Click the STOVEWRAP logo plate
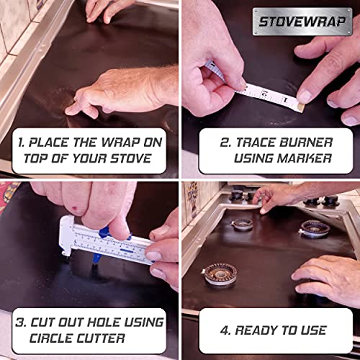click(x=302, y=21)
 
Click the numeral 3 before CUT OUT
click(x=19, y=321)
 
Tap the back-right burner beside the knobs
click(x=314, y=229)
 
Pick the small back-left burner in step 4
click(x=242, y=224)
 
